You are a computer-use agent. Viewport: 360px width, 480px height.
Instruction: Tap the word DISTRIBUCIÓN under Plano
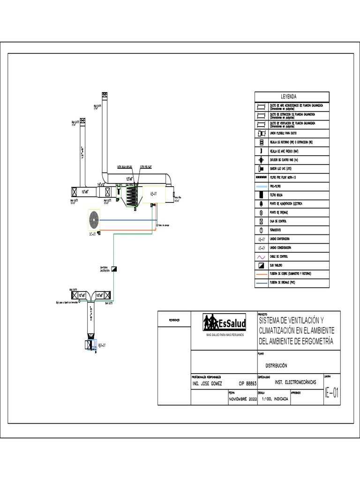[x=276, y=365]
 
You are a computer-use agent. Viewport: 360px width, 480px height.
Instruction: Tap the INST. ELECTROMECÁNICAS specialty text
[x=295, y=382]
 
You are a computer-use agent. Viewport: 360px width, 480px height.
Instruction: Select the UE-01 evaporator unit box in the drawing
[x=155, y=194]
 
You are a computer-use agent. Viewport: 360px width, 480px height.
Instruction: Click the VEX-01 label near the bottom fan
[x=103, y=345]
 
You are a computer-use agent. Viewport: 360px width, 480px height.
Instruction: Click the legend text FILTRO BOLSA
[x=277, y=195]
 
